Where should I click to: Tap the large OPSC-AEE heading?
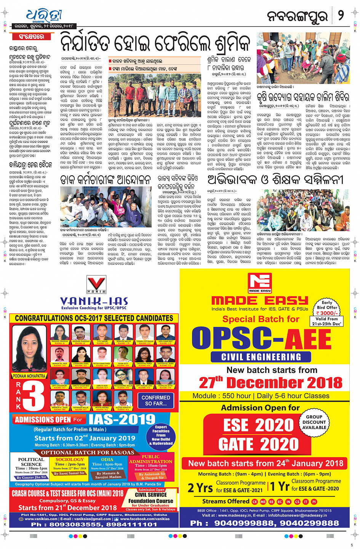(261, 338)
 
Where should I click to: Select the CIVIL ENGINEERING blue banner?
(261, 357)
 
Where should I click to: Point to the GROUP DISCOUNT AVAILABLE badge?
(314, 422)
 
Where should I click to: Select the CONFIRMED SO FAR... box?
(155, 400)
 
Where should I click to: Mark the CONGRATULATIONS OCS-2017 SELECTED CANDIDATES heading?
(94, 318)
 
